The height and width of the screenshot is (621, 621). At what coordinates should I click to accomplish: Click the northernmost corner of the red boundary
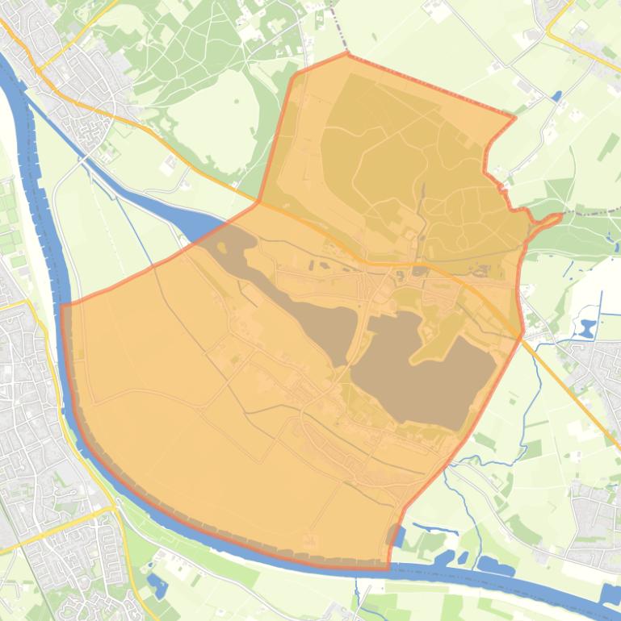[x=347, y=54]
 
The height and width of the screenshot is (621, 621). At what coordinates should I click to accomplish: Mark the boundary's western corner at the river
[x=62, y=305]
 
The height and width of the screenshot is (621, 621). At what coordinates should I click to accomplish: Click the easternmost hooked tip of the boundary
[x=560, y=215]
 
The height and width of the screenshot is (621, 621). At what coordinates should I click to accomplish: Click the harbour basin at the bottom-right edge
[x=610, y=594]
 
